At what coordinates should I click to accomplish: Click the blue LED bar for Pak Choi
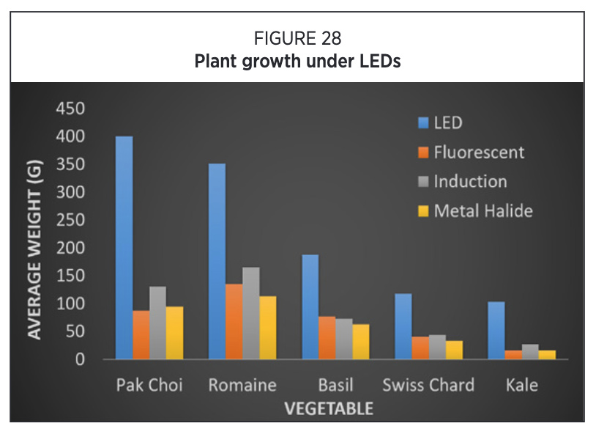pyautogui.click(x=124, y=247)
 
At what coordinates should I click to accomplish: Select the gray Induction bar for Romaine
pyautogui.click(x=251, y=313)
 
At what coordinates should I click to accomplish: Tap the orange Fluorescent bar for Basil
pyautogui.click(x=327, y=337)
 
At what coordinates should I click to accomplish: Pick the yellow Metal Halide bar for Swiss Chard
pyautogui.click(x=454, y=350)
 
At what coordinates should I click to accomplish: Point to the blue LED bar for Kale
pyautogui.click(x=496, y=331)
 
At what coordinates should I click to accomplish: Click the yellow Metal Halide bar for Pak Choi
pyautogui.click(x=174, y=333)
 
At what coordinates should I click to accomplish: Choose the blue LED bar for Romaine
pyautogui.click(x=217, y=261)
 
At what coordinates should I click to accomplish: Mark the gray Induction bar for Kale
pyautogui.click(x=530, y=352)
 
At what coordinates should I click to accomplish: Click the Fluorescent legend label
pyautogui.click(x=479, y=153)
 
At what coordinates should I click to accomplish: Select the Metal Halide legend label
pyautogui.click(x=483, y=211)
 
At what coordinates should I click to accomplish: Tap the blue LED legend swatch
pyautogui.click(x=423, y=123)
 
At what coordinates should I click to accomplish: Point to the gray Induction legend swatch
pyautogui.click(x=423, y=182)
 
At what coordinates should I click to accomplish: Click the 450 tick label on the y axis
pyautogui.click(x=70, y=109)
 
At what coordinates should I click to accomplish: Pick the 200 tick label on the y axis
pyautogui.click(x=70, y=248)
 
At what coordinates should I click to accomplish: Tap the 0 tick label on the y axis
pyautogui.click(x=80, y=359)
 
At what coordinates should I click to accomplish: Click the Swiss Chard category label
pyautogui.click(x=428, y=385)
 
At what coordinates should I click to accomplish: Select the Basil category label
pyautogui.click(x=335, y=385)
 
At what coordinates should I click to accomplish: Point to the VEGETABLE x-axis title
pyautogui.click(x=329, y=409)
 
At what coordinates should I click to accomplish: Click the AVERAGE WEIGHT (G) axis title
pyautogui.click(x=34, y=249)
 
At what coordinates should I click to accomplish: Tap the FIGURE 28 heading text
pyautogui.click(x=297, y=38)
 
